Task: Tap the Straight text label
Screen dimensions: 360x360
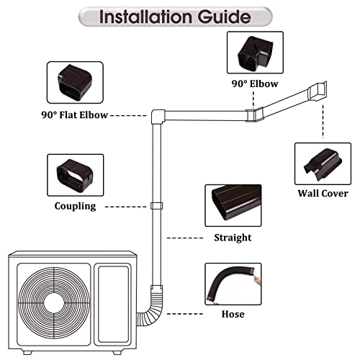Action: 233,238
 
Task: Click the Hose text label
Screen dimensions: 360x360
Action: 233,314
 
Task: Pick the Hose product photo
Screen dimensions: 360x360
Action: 233,284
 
